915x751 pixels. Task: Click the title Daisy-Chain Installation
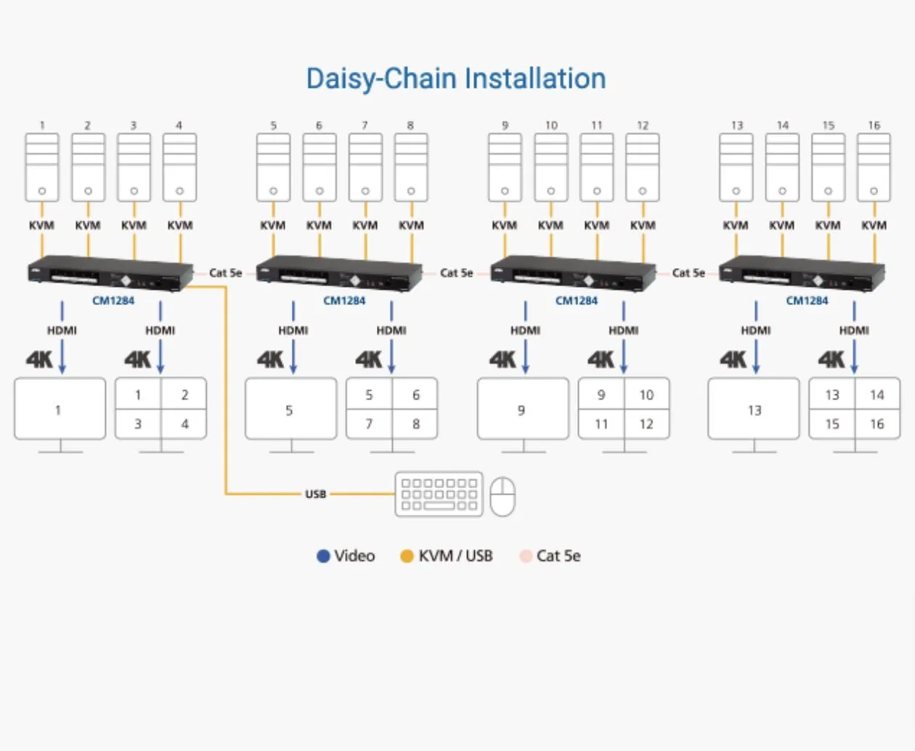455,78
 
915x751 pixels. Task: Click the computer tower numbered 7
365,168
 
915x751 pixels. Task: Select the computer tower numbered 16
874,168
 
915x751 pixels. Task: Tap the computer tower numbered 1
42,168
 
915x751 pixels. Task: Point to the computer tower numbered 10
551,168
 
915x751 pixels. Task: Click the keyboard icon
439,495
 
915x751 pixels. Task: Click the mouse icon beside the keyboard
503,496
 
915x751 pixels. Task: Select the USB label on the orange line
315,494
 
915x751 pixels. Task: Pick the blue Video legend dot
323,556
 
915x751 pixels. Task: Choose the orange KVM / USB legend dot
407,556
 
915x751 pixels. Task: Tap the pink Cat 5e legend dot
526,556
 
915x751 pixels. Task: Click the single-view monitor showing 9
523,409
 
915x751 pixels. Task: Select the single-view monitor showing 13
754,409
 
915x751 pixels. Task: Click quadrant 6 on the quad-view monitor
415,395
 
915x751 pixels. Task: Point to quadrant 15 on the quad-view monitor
832,423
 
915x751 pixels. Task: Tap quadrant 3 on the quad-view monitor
138,423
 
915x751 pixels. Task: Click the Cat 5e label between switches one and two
225,273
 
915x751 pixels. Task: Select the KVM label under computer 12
643,225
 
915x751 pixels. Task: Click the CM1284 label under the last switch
807,301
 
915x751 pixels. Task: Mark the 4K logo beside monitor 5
270,360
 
